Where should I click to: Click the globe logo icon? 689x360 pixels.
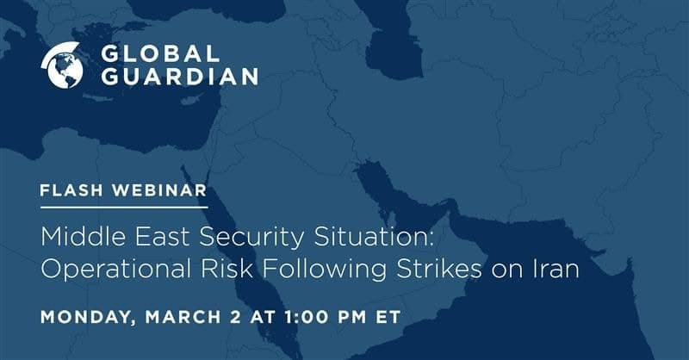[x=62, y=65]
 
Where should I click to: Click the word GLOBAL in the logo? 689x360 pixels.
[x=160, y=53]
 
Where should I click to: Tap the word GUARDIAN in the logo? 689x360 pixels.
[x=180, y=76]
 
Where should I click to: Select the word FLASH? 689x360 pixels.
[x=71, y=190]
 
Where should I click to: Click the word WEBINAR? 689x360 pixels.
[x=159, y=190]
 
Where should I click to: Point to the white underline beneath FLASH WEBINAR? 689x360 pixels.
[x=124, y=207]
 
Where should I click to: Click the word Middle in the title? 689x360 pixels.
[x=84, y=237]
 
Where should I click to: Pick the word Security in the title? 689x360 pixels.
[x=251, y=238]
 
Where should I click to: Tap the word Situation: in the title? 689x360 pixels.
[x=374, y=237]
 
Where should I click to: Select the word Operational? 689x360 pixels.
[x=115, y=270]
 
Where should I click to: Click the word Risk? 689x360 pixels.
[x=227, y=269]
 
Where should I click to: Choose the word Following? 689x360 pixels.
[x=325, y=270]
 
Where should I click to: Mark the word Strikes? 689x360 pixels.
[x=438, y=269]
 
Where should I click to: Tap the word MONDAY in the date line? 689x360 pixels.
[x=88, y=317]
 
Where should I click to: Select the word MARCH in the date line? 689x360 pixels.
[x=183, y=317]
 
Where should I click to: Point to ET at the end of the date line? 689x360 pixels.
[x=388, y=317]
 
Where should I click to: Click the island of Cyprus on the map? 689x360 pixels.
[x=192, y=99]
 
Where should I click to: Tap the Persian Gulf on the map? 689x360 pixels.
[x=398, y=194]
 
